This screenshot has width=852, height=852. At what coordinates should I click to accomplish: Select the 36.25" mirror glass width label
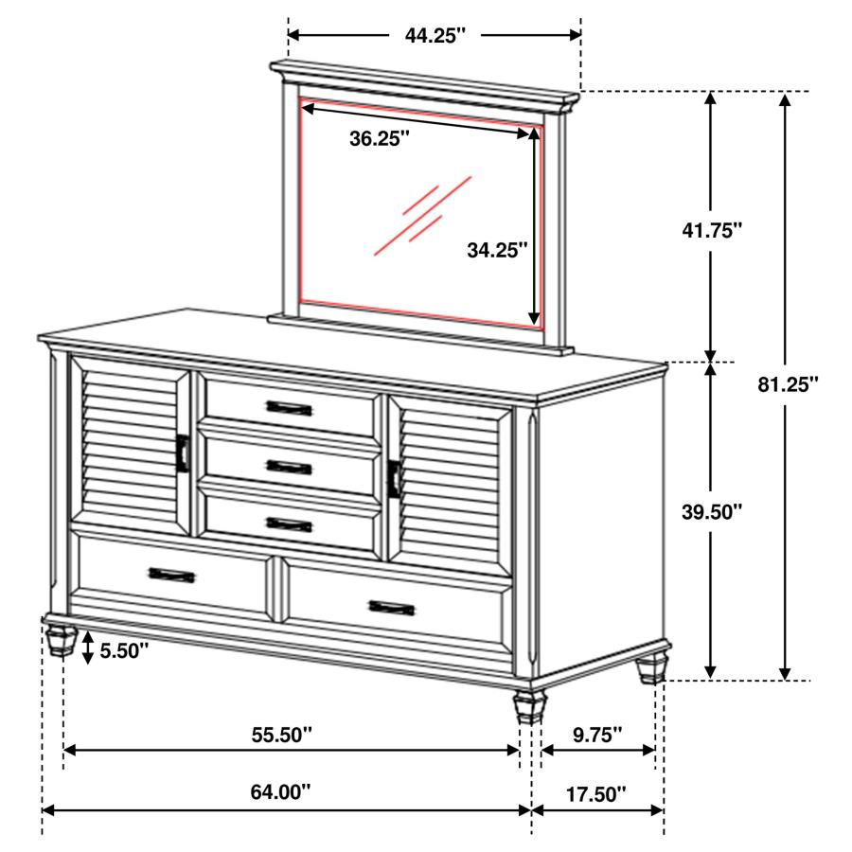point(379,139)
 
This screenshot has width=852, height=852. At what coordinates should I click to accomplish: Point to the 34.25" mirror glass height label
point(497,250)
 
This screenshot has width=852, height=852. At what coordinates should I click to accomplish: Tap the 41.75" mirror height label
point(712,230)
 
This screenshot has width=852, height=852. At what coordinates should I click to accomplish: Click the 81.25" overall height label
point(788,384)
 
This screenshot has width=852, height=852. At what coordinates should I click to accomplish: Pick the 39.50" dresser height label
point(712,512)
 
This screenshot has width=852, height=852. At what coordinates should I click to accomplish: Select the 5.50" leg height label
point(121,651)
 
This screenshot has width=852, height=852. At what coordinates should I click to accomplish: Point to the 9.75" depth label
point(596,734)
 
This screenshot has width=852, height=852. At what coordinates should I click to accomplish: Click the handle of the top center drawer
point(289,408)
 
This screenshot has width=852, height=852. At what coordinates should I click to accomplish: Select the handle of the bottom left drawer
point(171,574)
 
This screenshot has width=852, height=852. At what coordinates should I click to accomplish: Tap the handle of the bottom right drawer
point(392,606)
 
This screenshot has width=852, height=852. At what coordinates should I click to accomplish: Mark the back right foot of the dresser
point(651,668)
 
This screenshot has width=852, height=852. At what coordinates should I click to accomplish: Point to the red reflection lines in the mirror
point(421,215)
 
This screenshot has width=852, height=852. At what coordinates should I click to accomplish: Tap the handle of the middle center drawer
point(289,466)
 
